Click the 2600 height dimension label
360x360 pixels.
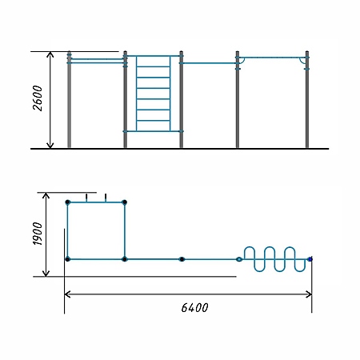click(38, 98)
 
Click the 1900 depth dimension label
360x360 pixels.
click(38, 234)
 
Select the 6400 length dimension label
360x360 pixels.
click(194, 308)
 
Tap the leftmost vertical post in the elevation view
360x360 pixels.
click(69, 99)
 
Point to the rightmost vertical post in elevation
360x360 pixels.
click(307, 99)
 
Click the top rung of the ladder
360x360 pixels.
click(153, 66)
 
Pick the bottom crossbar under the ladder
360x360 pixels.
click(153, 131)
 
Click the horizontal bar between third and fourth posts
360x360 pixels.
click(210, 63)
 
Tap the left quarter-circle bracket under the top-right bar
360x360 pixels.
click(242, 62)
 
